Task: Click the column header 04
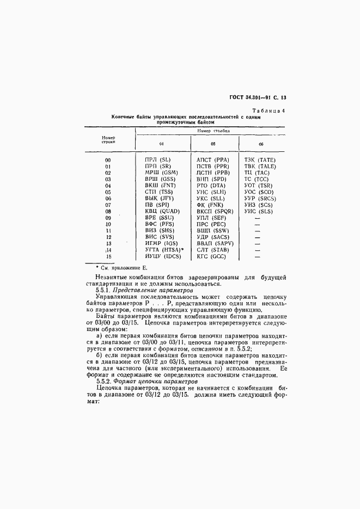[x=161, y=144]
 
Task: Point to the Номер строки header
[x=108, y=140]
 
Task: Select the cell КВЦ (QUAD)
[x=162, y=211]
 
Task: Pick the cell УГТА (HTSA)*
[x=164, y=249]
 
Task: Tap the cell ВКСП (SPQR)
[x=215, y=211]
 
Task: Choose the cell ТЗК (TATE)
[x=260, y=160]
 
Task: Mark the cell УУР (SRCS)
[x=260, y=198]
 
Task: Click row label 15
[x=108, y=256]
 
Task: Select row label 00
[x=108, y=160]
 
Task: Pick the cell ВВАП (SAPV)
[x=215, y=243]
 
